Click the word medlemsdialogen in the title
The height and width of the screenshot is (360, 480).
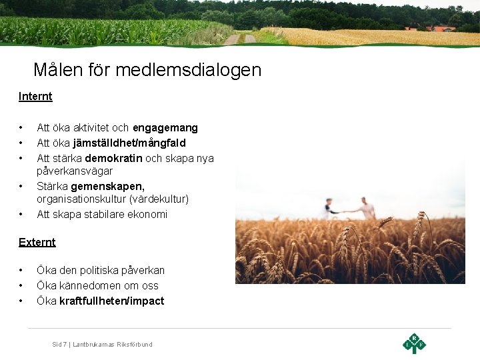(x=191, y=69)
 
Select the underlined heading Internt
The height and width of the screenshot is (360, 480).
(x=35, y=96)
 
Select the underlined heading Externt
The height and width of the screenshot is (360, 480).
(x=37, y=242)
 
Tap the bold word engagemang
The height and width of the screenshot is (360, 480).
(x=165, y=127)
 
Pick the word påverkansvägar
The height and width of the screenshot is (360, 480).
(x=75, y=171)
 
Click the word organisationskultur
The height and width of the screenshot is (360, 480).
(x=83, y=199)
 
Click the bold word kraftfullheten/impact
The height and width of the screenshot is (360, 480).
(x=111, y=301)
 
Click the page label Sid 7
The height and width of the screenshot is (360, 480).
(x=59, y=345)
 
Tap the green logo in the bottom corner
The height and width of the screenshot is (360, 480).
(x=414, y=343)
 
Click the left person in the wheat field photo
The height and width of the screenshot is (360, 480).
(x=328, y=207)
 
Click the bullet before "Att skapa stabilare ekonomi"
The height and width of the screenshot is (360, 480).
(x=21, y=214)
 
